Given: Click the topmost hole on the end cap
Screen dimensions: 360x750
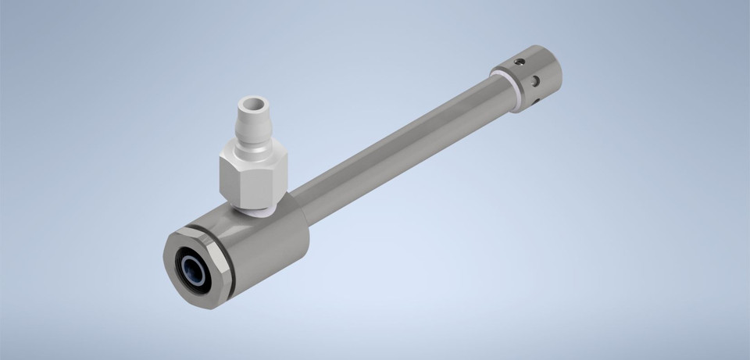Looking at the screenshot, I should [x=516, y=61].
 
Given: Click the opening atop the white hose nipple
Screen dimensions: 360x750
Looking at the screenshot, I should [x=252, y=103].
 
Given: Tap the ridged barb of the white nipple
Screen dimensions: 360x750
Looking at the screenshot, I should [x=252, y=125].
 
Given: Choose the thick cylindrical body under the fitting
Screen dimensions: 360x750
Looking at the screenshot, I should [x=266, y=242].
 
